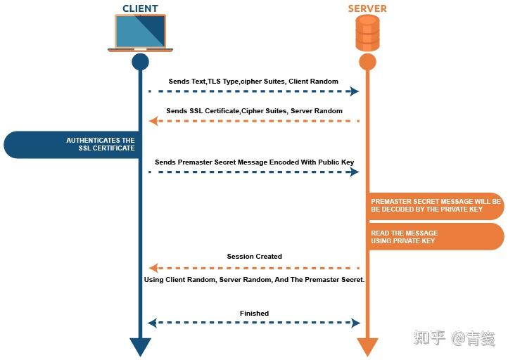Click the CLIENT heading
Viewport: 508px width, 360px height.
point(140,8)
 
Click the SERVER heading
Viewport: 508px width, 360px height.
point(367,8)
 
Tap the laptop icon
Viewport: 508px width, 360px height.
point(140,33)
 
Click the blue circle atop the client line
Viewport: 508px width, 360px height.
point(141,62)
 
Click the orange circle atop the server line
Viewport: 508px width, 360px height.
point(367,62)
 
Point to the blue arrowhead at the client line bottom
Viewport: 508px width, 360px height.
point(141,347)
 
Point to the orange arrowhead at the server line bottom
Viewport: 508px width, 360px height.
point(367,347)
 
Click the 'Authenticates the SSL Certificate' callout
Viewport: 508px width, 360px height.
point(77,144)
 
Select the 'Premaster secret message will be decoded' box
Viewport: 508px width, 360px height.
point(435,205)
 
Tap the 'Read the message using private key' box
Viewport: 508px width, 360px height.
point(435,237)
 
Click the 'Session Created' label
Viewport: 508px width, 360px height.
point(254,257)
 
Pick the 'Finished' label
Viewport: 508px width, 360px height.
point(254,314)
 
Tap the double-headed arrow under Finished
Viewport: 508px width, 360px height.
point(254,323)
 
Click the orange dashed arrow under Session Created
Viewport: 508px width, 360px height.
point(254,268)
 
